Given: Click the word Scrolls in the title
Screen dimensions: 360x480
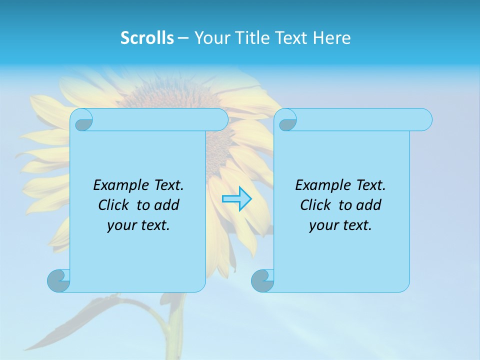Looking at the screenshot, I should point(147,37).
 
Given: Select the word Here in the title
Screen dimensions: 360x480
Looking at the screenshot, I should point(332,37).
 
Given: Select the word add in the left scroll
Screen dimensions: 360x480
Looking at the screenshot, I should point(166,205).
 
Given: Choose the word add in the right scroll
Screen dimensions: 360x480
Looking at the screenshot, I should point(368,205).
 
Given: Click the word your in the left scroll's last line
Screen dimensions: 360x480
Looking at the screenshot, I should point(120,225).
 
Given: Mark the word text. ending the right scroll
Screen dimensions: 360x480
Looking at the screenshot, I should point(356,225).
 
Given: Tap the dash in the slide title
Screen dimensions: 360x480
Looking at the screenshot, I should point(183,37).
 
